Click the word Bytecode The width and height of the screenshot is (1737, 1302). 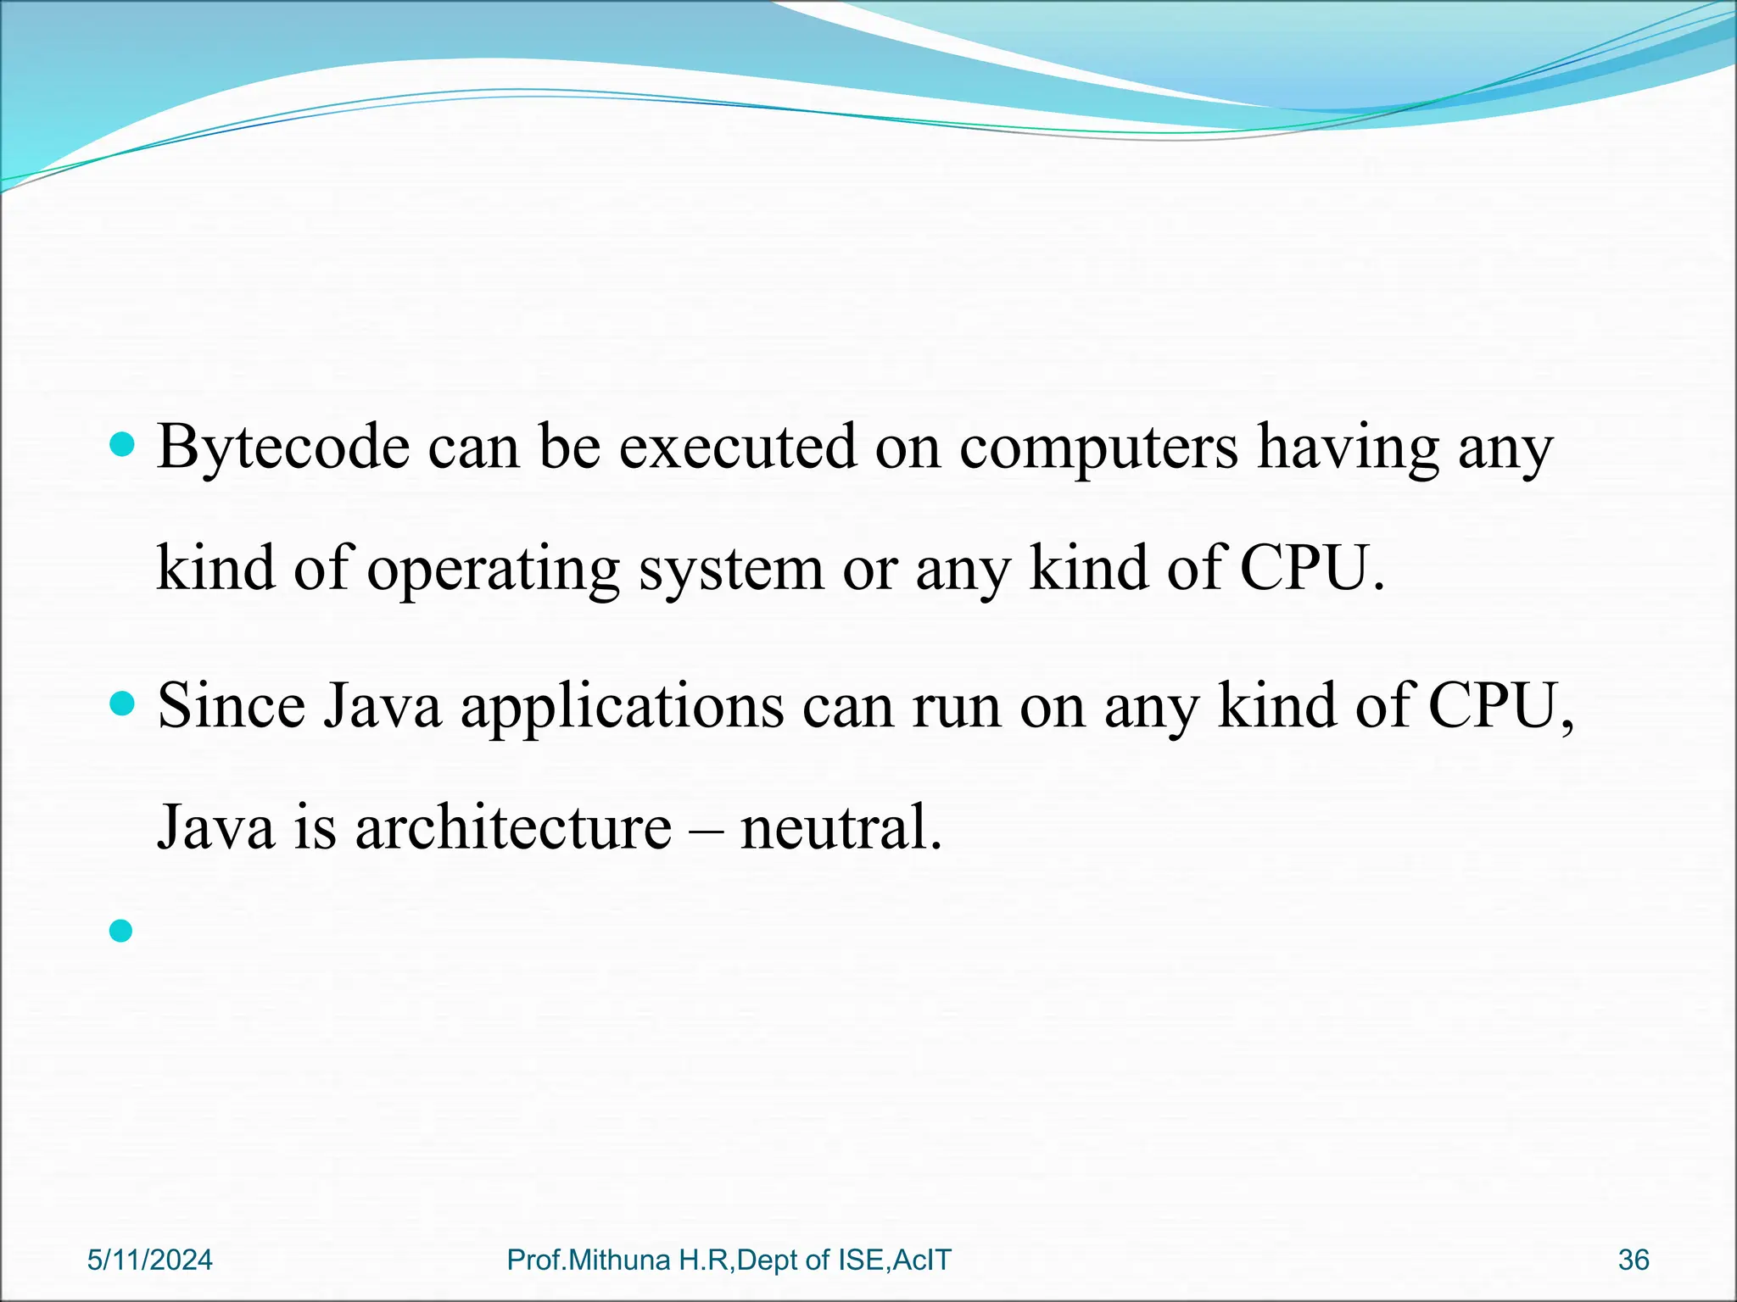tap(283, 448)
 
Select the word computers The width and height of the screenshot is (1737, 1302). tap(1098, 448)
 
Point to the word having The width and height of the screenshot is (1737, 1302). tap(1348, 448)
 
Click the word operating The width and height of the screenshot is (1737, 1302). tap(493, 570)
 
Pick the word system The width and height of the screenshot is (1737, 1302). tap(731, 570)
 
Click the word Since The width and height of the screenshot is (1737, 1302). tap(231, 705)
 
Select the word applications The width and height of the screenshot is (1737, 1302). tap(622, 707)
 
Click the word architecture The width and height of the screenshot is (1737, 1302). tap(513, 827)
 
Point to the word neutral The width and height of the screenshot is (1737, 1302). tap(841, 827)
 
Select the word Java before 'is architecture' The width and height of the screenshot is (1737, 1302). tap(216, 827)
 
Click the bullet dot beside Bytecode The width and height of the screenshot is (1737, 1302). tap(122, 443)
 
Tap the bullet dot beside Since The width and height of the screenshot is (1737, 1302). tap(122, 703)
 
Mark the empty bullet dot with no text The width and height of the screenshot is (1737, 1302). tap(122, 931)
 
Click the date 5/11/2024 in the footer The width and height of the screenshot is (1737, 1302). tap(150, 1260)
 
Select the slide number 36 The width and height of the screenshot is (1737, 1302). tap(1634, 1260)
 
